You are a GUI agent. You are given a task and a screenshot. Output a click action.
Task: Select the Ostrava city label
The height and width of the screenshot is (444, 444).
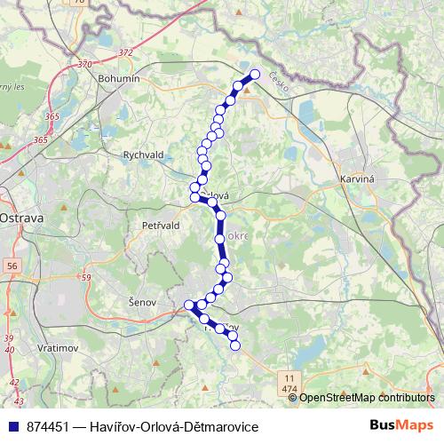pyautogui.click(x=16, y=217)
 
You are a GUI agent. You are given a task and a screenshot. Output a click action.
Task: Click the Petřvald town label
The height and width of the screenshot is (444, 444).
pyautogui.click(x=161, y=226)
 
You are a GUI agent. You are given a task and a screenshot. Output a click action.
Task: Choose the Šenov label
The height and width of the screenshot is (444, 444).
pyautogui.click(x=142, y=303)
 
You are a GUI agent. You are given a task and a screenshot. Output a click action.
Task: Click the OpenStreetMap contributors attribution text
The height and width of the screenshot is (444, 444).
pyautogui.click(x=367, y=398)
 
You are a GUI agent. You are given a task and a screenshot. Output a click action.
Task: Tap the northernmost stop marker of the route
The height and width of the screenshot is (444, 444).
pyautogui.click(x=256, y=75)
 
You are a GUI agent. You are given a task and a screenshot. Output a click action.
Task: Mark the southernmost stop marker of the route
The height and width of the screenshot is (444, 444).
pyautogui.click(x=236, y=345)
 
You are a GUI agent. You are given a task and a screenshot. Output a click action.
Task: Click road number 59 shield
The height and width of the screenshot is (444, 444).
pyautogui.click(x=86, y=278)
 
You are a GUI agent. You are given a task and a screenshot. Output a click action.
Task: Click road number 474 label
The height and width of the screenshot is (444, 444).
pyautogui.click(x=289, y=389)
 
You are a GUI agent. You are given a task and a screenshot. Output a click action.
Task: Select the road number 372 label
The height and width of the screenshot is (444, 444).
pyautogui.click(x=125, y=52)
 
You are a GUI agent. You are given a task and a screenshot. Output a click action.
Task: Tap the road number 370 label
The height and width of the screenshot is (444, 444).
pyautogui.click(x=84, y=64)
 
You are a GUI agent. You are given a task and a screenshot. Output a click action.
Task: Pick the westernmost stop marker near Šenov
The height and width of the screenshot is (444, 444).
pyautogui.click(x=187, y=305)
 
